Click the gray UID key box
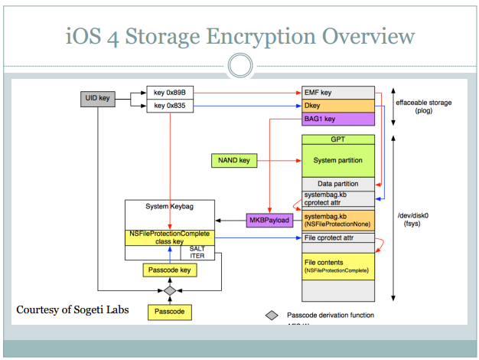click(x=97, y=99)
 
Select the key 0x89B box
click(x=170, y=92)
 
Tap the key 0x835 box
click(x=170, y=105)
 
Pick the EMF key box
click(x=337, y=92)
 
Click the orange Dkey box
click(x=337, y=105)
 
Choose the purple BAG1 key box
click(x=337, y=118)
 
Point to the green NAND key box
click(x=233, y=161)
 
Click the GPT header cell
click(x=337, y=141)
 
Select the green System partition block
click(x=337, y=161)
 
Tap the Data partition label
click(x=337, y=184)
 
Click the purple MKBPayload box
click(x=268, y=220)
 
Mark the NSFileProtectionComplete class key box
click(x=170, y=237)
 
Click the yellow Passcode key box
click(x=170, y=270)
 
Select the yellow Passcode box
click(x=170, y=312)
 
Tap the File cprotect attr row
click(x=337, y=237)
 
